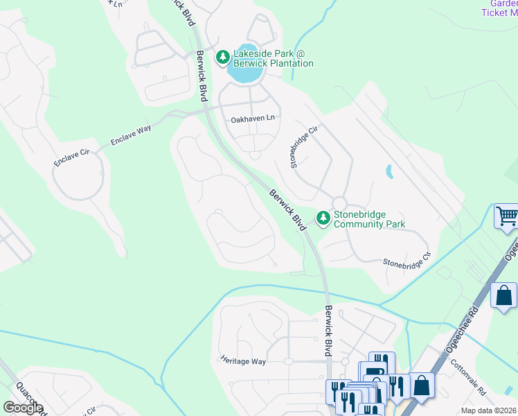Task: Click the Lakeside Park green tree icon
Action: (223, 56)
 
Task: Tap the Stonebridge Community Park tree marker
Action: (323, 218)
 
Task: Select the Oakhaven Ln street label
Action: (253, 119)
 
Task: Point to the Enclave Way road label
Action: (131, 136)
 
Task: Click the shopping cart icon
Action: (506, 216)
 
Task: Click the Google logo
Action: (23, 408)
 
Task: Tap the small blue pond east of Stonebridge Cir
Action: (388, 171)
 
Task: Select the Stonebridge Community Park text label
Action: (368, 219)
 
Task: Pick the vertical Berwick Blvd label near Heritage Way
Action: (328, 332)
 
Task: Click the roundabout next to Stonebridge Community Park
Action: (339, 202)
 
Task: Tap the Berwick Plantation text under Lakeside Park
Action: (274, 64)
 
